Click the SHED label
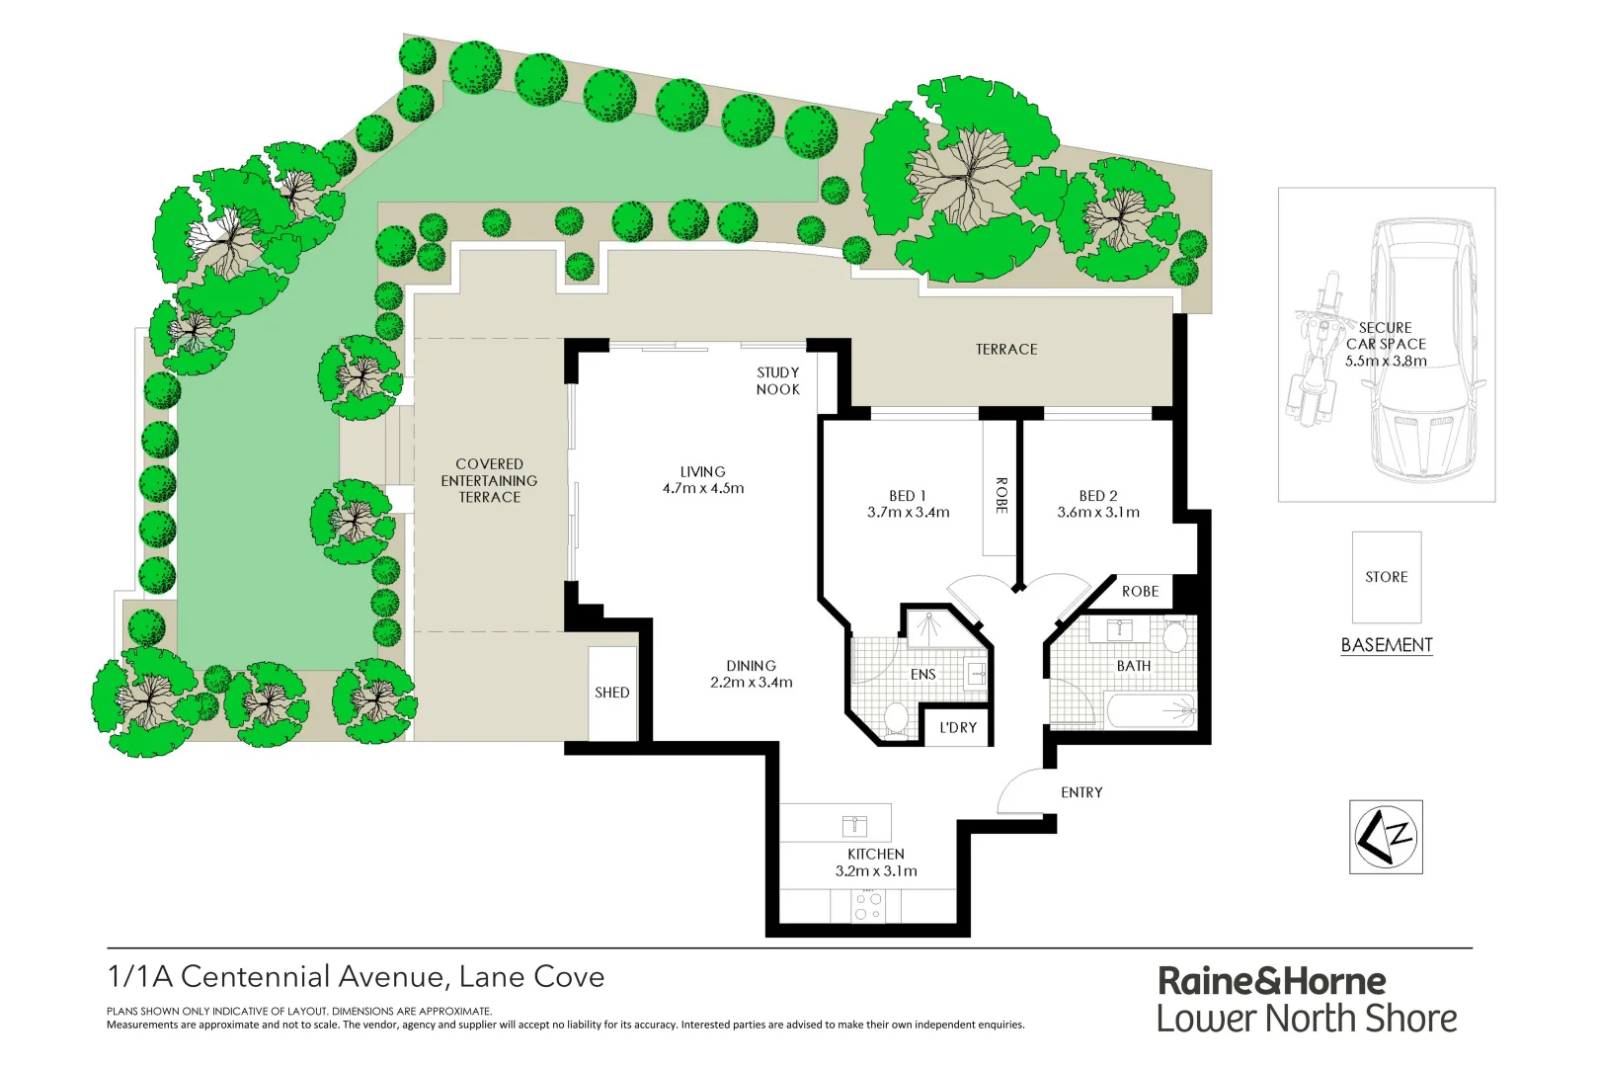click(611, 693)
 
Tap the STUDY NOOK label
click(778, 381)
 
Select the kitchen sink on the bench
click(854, 824)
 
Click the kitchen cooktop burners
click(868, 906)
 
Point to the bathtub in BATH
click(1151, 710)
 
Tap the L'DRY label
click(958, 728)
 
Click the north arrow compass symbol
click(1386, 837)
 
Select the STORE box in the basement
click(1386, 577)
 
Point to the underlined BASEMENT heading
click(1386, 645)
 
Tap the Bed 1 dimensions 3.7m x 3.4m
click(908, 513)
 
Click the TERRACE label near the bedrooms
click(1006, 350)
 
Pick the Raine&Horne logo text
click(1271, 981)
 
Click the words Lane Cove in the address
click(531, 977)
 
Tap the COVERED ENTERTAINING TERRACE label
click(489, 481)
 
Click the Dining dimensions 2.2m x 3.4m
click(751, 683)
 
